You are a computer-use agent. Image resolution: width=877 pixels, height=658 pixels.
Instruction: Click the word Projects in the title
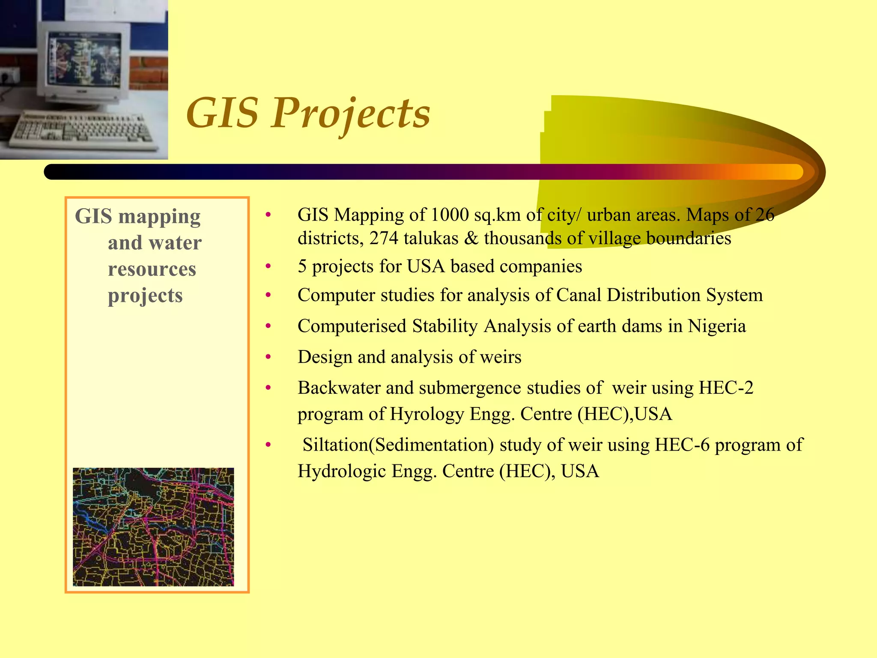click(350, 114)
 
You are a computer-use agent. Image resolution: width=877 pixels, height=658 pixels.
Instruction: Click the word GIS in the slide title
click(223, 114)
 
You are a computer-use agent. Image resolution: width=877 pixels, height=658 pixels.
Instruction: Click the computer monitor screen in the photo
click(85, 60)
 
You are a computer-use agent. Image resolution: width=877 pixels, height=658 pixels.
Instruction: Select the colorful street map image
click(153, 527)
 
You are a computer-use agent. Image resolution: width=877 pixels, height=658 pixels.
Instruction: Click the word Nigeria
click(717, 326)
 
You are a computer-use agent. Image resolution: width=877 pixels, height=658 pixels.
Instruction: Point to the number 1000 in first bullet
click(450, 215)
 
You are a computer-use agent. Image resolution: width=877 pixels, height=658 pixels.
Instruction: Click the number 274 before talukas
click(384, 239)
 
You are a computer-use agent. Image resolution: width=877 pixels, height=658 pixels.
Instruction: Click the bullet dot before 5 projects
click(268, 267)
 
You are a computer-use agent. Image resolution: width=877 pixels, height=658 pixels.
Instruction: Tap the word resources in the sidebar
click(152, 269)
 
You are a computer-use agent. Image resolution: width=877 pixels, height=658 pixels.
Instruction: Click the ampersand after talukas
click(471, 239)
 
